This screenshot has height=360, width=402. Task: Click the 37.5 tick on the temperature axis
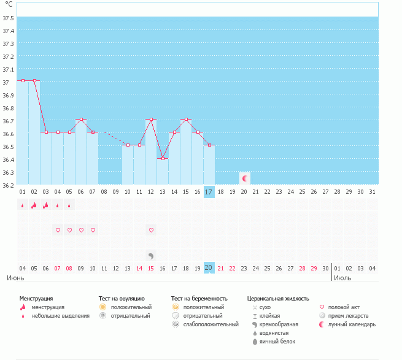pos(7,18)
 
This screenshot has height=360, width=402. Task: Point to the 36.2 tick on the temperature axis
pos(7,185)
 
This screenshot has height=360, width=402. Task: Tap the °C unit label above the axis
pos(8,4)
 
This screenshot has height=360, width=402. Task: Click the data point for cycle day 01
pos(23,80)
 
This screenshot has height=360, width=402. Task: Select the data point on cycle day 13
pos(163,158)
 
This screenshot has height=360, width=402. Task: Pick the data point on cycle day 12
pos(151,119)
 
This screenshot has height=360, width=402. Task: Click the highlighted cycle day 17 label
pos(209,192)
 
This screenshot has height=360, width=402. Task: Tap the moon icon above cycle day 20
pos(244,178)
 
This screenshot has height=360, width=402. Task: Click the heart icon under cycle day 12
pos(151,230)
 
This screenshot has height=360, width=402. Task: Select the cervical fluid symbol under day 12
pos(151,255)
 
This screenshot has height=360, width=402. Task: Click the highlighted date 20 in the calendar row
pos(209,268)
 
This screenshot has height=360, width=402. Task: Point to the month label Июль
pos(342,278)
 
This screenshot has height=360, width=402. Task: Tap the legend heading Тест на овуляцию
pos(122,298)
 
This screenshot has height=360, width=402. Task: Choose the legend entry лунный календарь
pos(352,324)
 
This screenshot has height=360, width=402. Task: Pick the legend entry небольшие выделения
pos(60,315)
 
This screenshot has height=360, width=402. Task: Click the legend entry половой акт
pos(344,307)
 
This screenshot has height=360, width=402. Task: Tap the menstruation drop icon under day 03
pos(46,205)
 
